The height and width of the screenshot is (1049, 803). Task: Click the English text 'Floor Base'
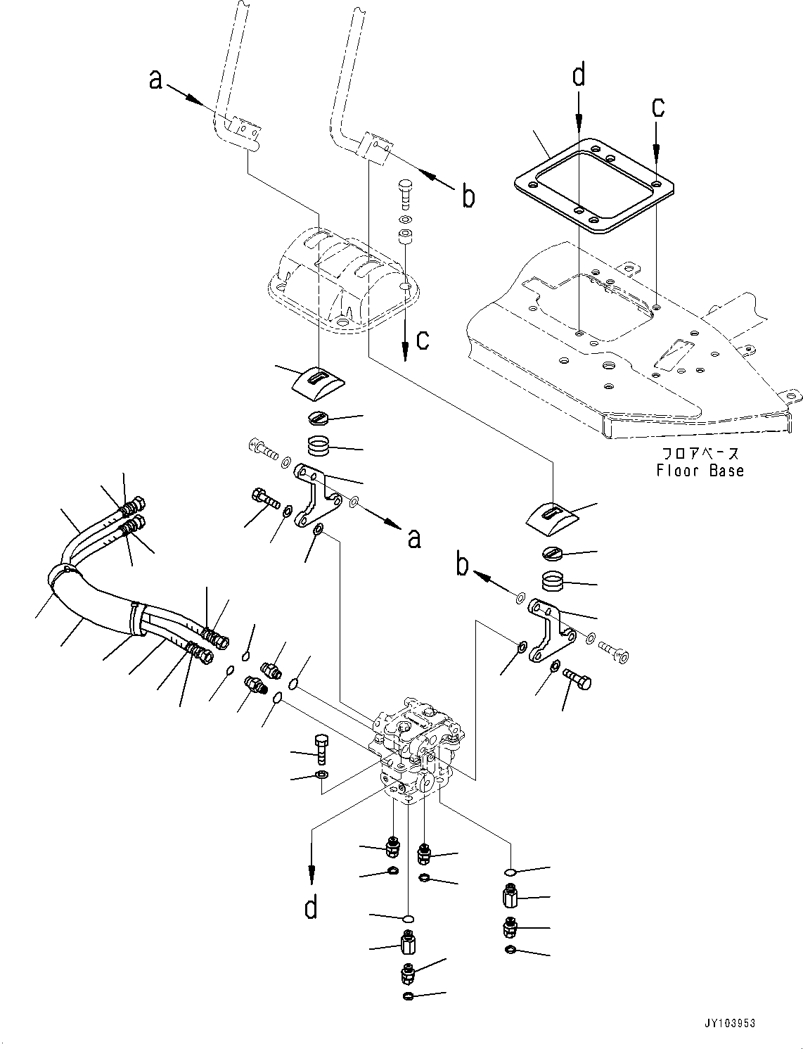[700, 471]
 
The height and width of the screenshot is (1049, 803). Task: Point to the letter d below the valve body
[311, 908]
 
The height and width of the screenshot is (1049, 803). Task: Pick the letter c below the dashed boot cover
[423, 339]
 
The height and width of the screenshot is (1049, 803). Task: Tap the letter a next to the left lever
[156, 79]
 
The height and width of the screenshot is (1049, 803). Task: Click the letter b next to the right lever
[468, 196]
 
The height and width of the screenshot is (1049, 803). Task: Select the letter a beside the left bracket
[414, 538]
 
